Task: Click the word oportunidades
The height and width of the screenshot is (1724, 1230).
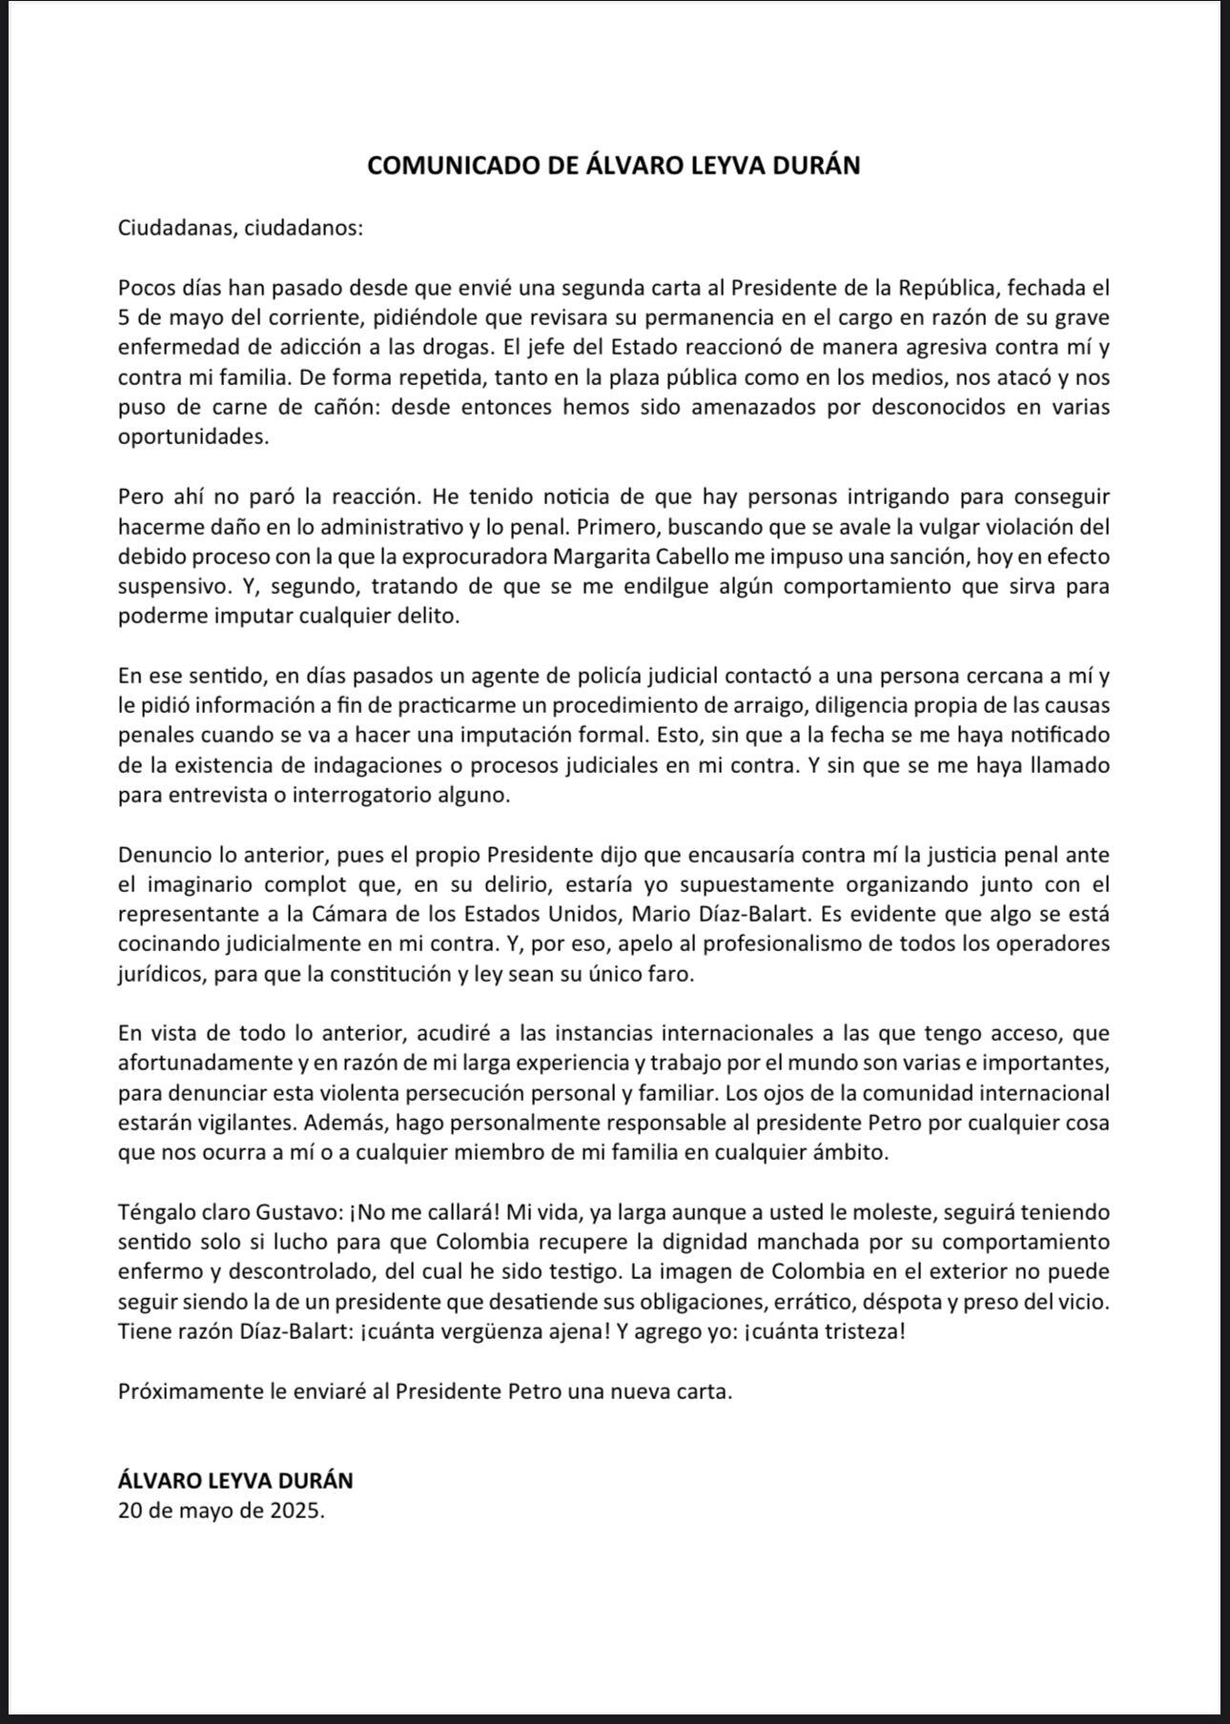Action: tap(194, 436)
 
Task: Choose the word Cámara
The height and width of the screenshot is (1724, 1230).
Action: tap(354, 914)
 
